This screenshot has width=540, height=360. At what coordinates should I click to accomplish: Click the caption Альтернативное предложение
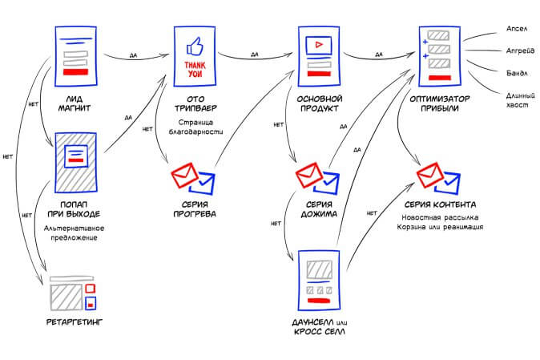point(75,233)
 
